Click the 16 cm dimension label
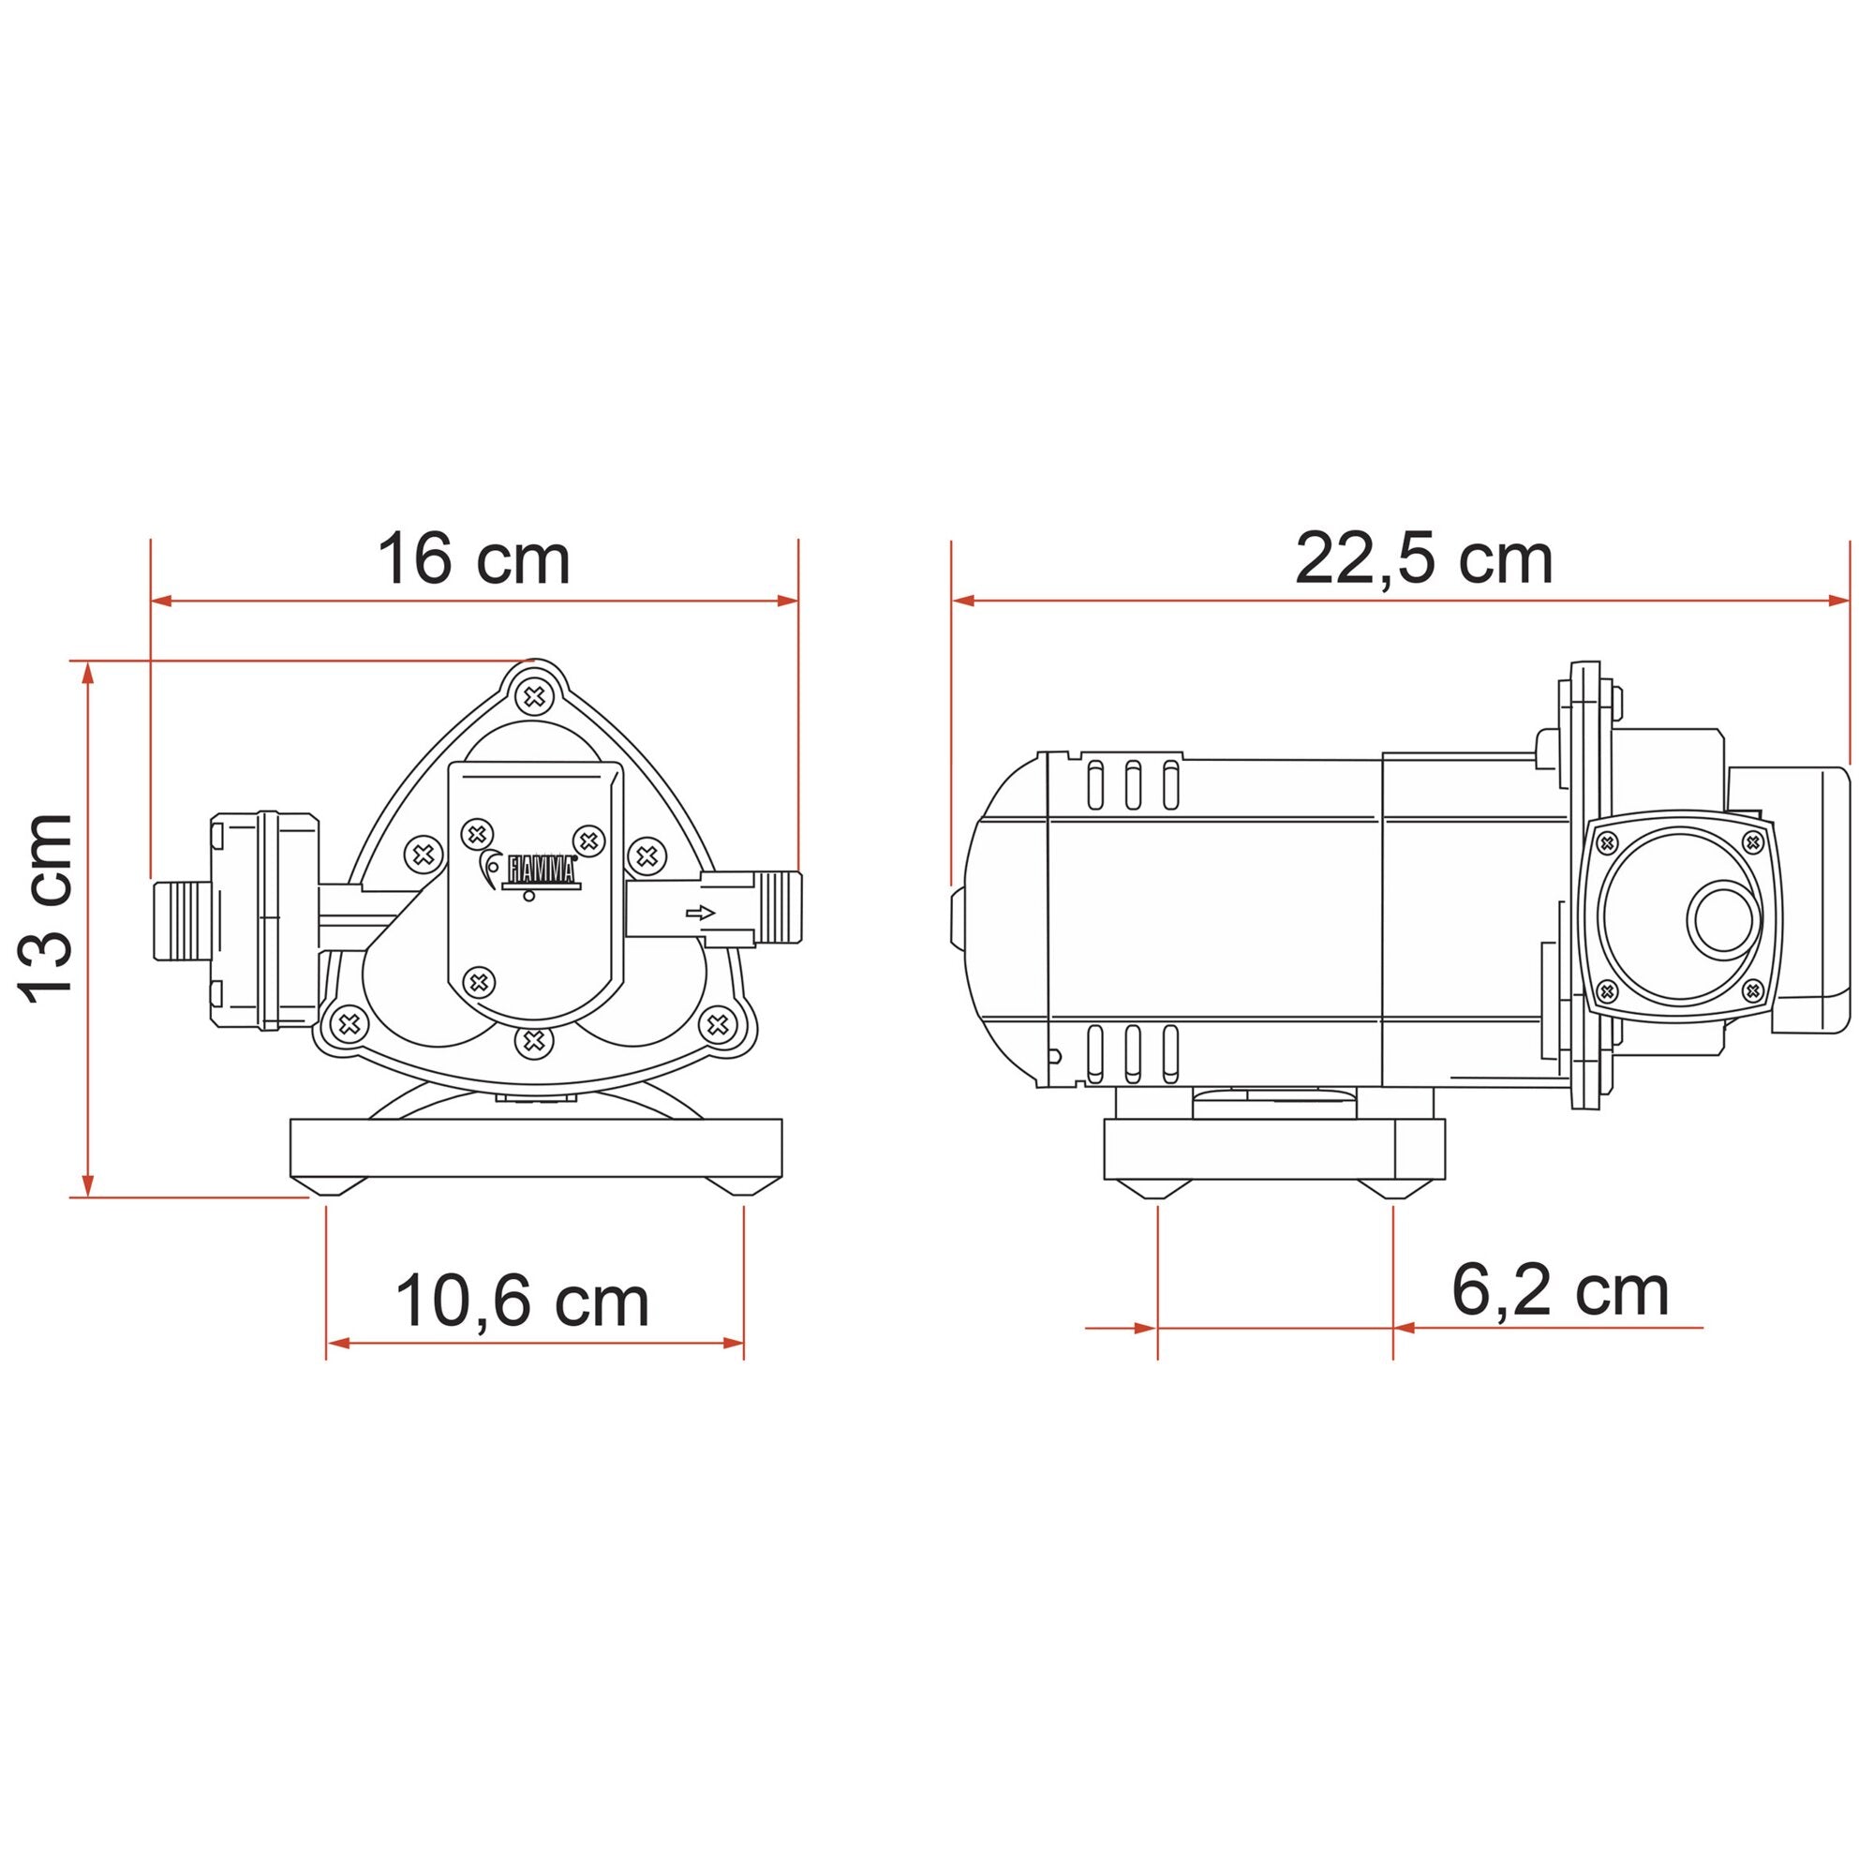(x=473, y=559)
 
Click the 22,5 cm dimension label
(x=1424, y=559)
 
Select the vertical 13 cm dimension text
(x=47, y=909)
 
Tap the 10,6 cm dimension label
(x=522, y=1301)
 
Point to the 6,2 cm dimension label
(x=1560, y=1291)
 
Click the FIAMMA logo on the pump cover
(x=540, y=870)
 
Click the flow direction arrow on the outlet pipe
(x=699, y=913)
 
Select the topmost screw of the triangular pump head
(x=532, y=695)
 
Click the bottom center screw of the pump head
(x=531, y=1042)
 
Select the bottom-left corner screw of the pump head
(x=350, y=1023)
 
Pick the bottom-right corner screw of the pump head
(x=717, y=1023)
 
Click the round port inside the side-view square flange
(x=1724, y=917)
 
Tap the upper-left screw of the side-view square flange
(x=1606, y=842)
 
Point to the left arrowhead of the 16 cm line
(x=162, y=602)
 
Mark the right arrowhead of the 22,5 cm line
(x=1838, y=602)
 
